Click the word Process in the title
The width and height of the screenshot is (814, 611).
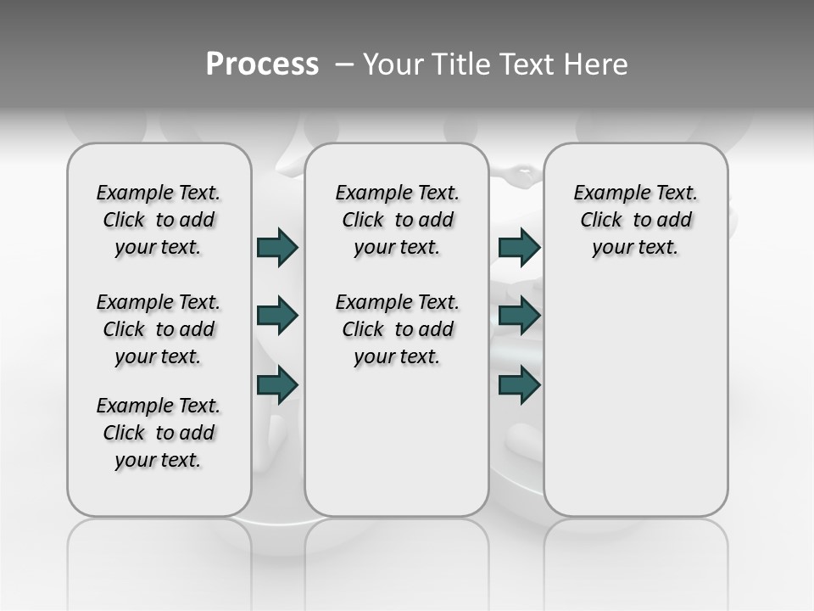tap(262, 64)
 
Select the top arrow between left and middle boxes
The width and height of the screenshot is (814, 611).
tap(277, 247)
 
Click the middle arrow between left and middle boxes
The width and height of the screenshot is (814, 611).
tap(277, 316)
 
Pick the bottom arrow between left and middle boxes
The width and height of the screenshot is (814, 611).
tap(277, 384)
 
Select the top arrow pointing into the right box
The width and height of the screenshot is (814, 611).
tap(519, 247)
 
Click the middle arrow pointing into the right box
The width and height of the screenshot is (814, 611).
tap(519, 316)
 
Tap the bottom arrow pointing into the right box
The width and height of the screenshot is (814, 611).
tap(519, 384)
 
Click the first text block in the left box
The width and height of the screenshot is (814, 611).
tap(159, 220)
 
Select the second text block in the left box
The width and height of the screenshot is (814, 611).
tap(159, 329)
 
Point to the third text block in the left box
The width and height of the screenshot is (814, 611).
tap(159, 433)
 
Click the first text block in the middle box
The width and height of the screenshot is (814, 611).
tap(397, 220)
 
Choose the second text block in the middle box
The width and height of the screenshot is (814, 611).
tap(397, 329)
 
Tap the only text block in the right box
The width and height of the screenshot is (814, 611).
tap(635, 220)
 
